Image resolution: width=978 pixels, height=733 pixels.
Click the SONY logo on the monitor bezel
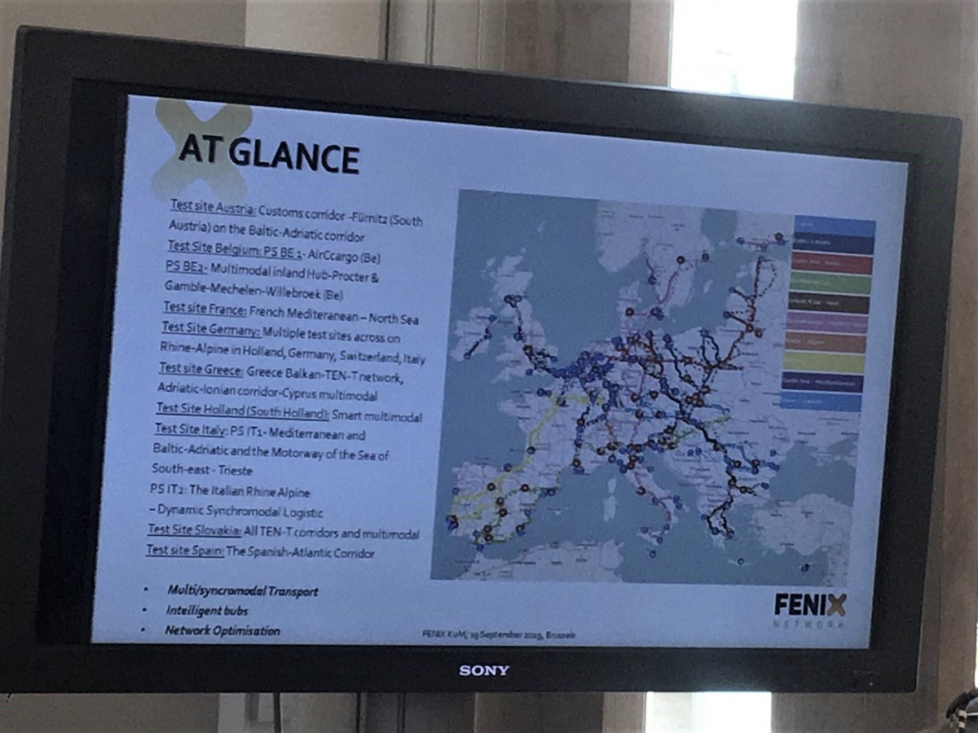(483, 670)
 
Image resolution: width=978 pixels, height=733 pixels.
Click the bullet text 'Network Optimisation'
(222, 630)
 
